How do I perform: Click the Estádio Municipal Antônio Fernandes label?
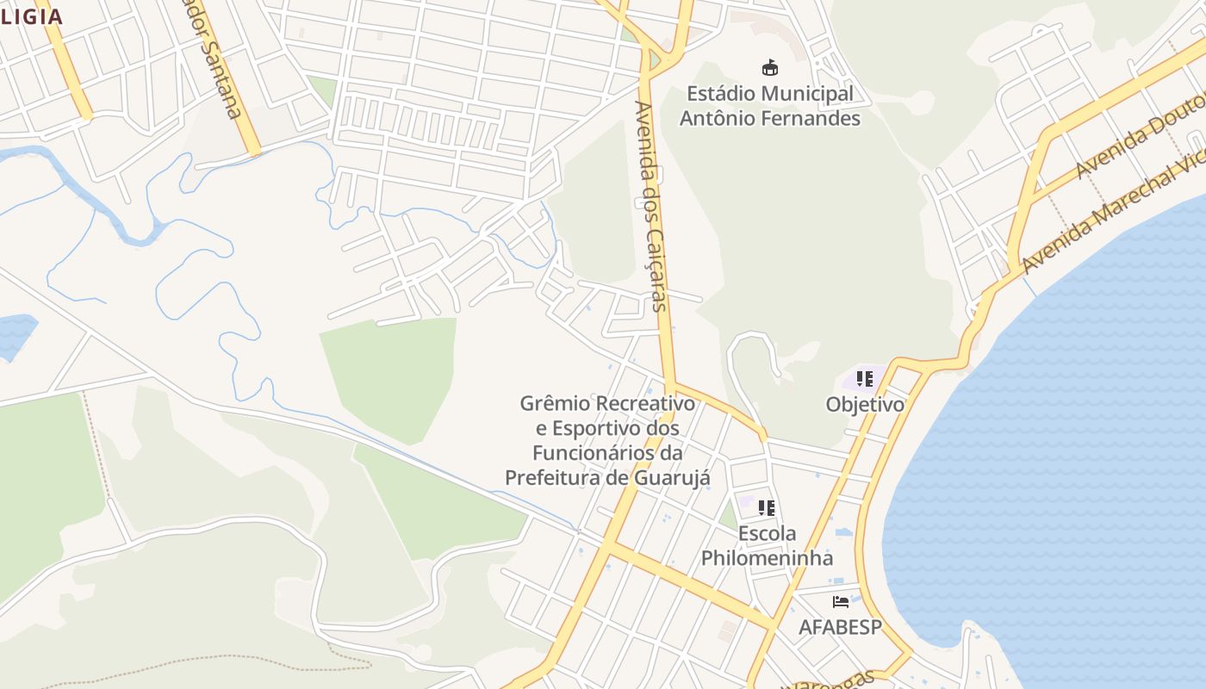[x=770, y=106]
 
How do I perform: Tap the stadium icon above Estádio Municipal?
[x=770, y=67]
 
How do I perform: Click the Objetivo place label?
[x=865, y=404]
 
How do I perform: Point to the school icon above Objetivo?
[x=865, y=378]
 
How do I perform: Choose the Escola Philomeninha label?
[x=767, y=545]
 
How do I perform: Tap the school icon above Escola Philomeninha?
[x=767, y=507]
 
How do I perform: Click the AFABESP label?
[x=840, y=627]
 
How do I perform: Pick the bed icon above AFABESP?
[x=841, y=601]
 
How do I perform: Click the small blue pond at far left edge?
[x=15, y=334]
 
